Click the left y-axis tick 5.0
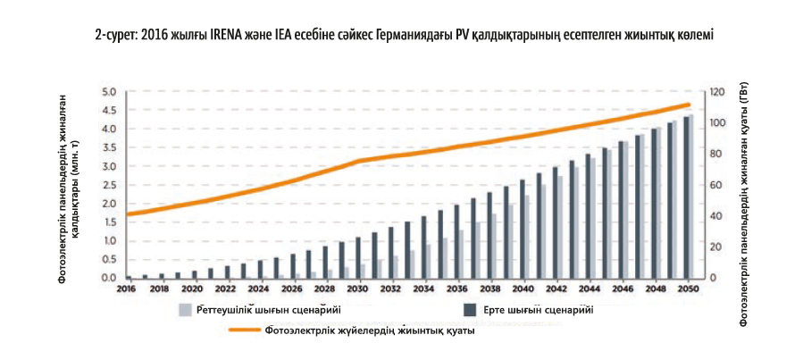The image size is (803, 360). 110,92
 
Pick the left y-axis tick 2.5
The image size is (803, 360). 110,185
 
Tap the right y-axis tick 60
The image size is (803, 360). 713,185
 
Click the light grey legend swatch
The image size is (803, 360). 186,311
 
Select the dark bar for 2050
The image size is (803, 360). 686,197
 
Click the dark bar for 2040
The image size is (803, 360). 521,230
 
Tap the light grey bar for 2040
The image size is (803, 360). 527,237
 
